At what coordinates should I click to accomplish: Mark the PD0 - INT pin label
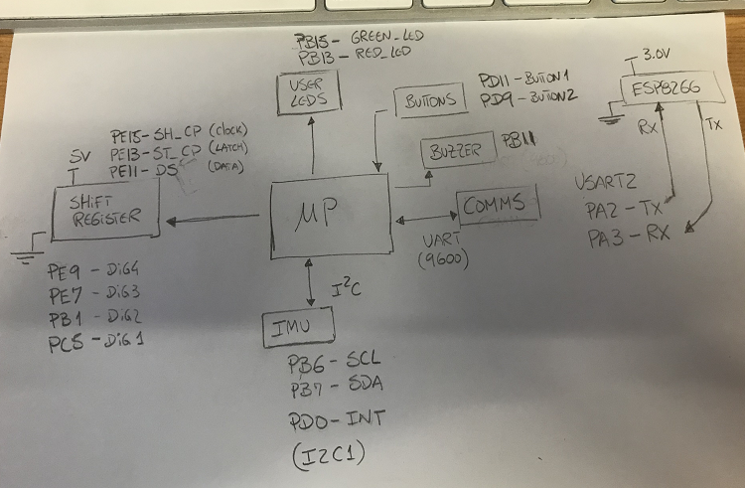333,418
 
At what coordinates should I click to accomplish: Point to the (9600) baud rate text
441,261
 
